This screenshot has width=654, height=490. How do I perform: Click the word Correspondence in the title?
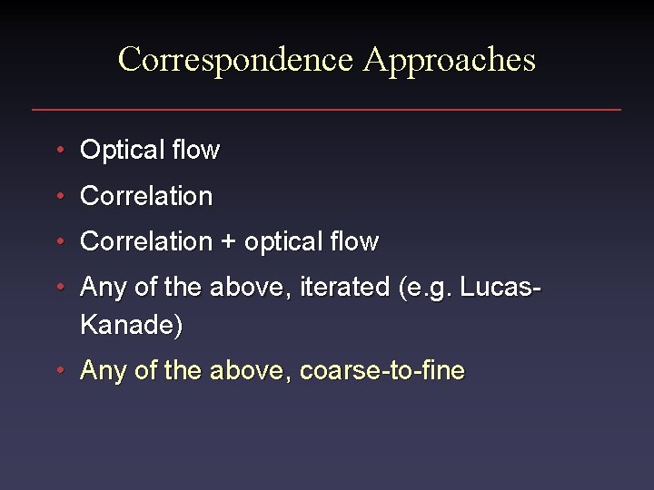coord(235,60)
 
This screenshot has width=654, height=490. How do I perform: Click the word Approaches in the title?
coord(449,60)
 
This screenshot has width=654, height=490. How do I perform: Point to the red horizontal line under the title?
coord(326,110)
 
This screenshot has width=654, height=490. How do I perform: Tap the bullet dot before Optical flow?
coord(59,150)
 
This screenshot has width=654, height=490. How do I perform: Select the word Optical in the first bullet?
coord(116,150)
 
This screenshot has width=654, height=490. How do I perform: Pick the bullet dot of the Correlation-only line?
coord(59,196)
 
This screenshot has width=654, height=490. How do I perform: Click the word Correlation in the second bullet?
coord(146,196)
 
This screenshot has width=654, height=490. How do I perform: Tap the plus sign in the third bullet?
coord(228,242)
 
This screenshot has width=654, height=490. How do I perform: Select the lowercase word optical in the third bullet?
coord(278,242)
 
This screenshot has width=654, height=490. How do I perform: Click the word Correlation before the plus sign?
coord(146,242)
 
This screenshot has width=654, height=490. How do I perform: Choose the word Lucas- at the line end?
coord(500,288)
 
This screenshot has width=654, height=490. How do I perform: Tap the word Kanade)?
coord(131,325)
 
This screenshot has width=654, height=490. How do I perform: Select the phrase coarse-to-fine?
coord(381,370)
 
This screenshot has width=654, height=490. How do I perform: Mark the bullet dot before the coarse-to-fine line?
coord(59,370)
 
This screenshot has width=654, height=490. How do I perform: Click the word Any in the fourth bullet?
coord(102,288)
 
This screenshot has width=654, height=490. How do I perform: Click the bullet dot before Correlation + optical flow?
coord(59,242)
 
